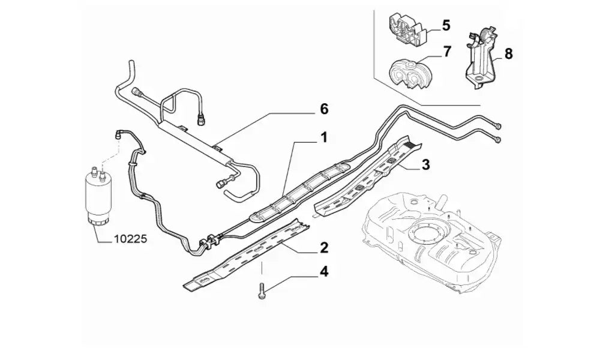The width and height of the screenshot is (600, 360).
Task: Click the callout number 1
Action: click(x=323, y=139)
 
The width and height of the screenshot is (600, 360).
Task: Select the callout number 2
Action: click(x=323, y=247)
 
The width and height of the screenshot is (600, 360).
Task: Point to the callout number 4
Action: click(x=323, y=272)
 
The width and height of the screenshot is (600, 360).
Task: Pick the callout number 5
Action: click(x=446, y=25)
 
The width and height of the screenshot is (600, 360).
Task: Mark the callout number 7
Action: click(x=446, y=52)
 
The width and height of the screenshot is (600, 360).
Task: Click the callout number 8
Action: click(x=508, y=53)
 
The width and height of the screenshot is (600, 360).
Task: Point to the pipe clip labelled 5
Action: click(x=408, y=30)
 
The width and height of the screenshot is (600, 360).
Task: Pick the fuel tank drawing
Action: click(x=429, y=234)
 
